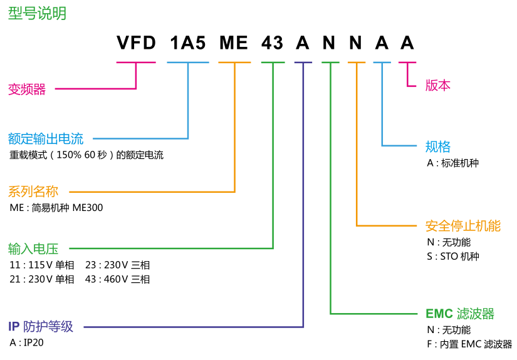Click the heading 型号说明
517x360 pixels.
tap(37, 14)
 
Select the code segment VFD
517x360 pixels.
tap(136, 43)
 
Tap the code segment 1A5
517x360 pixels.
tap(187, 43)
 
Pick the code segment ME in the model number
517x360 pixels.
tap(234, 43)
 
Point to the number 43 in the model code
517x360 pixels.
tap(273, 43)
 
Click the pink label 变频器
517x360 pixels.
tap(27, 90)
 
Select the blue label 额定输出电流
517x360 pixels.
tap(46, 138)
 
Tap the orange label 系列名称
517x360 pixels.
tap(33, 192)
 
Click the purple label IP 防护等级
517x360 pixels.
tap(41, 326)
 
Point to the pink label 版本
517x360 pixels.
tap(438, 86)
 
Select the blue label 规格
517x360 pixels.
tap(438, 147)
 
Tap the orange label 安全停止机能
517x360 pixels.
tap(463, 226)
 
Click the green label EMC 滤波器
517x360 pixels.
tap(460, 314)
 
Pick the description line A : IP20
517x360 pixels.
tap(27, 343)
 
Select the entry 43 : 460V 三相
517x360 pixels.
tap(118, 279)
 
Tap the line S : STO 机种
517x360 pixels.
tap(452, 256)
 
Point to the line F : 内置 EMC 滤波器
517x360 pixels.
tap(469, 344)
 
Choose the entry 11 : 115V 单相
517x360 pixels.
tap(42, 265)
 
